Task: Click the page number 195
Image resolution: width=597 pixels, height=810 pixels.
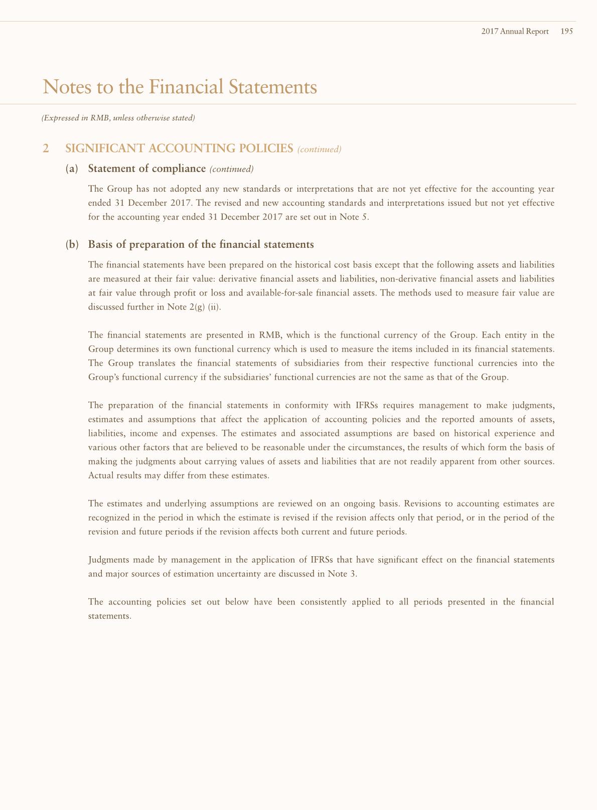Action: tap(567, 31)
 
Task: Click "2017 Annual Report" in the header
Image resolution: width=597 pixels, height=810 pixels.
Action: tap(515, 31)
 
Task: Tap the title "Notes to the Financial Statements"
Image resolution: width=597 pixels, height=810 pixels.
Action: tap(180, 87)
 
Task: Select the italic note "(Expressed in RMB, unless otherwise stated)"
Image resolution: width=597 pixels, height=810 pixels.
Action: tap(118, 118)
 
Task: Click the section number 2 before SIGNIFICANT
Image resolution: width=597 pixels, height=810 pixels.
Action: tap(46, 148)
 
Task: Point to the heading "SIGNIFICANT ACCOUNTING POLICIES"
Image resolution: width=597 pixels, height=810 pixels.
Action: tap(179, 148)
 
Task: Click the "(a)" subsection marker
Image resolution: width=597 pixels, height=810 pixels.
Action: tap(72, 169)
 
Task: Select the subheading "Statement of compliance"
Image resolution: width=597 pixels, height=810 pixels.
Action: tap(147, 169)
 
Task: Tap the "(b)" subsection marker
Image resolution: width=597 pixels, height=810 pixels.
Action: tap(72, 245)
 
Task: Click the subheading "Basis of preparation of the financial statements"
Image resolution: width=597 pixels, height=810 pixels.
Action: tap(201, 245)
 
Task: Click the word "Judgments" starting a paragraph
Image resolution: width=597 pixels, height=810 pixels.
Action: tap(108, 560)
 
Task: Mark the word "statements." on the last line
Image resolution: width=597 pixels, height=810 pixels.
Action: tap(109, 616)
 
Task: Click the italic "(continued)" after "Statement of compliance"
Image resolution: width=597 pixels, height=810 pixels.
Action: tap(231, 169)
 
